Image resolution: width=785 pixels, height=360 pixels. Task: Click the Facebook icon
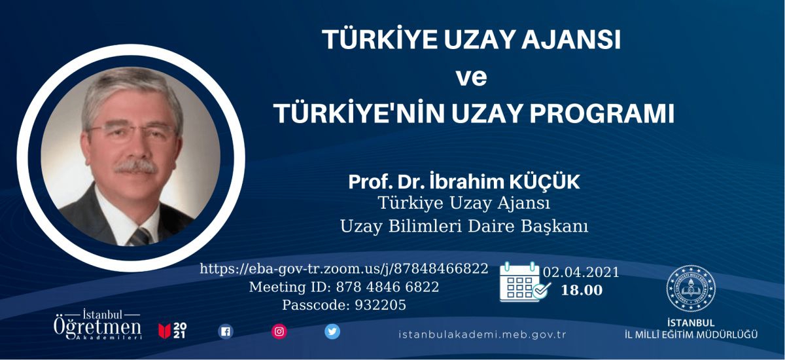tap(226, 332)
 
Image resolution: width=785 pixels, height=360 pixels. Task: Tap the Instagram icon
tap(279, 332)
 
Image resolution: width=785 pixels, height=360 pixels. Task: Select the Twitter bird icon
tap(332, 332)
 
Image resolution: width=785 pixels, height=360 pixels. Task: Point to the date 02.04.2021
tap(582, 272)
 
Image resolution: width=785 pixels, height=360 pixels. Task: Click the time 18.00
tap(582, 290)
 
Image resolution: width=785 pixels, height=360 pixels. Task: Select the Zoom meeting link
tap(344, 269)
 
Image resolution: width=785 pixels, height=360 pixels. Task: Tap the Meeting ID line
tap(344, 287)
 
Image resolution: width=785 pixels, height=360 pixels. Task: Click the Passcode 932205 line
tap(344, 305)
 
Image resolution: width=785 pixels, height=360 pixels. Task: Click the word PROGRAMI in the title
tap(602, 113)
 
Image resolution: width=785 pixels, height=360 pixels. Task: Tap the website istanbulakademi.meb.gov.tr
tap(482, 334)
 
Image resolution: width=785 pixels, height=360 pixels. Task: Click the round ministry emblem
tap(691, 288)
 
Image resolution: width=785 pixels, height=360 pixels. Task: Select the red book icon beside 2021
tap(164, 331)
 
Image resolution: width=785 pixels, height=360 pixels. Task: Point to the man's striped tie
tap(141, 236)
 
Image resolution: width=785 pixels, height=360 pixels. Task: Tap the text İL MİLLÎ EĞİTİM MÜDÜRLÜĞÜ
tap(691, 334)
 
